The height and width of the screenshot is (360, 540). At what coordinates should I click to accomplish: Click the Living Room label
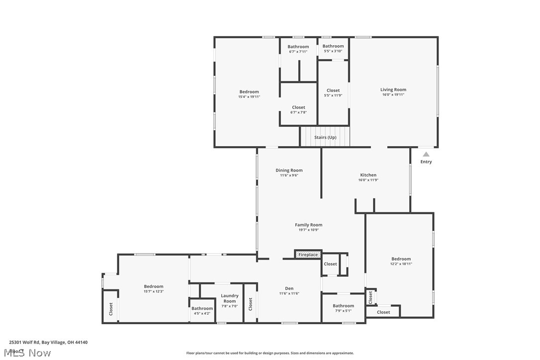click(x=393, y=90)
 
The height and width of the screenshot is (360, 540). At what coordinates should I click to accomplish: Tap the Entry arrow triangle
click(x=426, y=155)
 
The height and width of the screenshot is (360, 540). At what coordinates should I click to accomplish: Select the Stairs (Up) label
click(x=325, y=137)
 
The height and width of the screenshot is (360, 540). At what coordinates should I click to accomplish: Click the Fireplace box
click(x=308, y=255)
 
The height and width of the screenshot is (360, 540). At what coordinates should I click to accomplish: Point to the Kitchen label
click(x=368, y=175)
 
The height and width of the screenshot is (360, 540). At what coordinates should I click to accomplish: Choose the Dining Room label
click(x=289, y=171)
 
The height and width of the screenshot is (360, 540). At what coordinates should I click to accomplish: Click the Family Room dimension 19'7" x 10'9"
click(x=308, y=230)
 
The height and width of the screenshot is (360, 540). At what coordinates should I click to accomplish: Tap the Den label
click(x=289, y=288)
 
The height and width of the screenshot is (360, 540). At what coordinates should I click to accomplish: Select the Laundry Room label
click(x=230, y=298)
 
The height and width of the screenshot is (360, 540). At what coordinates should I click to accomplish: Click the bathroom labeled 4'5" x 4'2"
click(x=202, y=313)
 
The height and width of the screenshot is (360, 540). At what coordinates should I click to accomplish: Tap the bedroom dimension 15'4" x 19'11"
click(x=249, y=97)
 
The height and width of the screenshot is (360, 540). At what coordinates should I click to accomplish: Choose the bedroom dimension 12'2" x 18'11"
click(x=401, y=264)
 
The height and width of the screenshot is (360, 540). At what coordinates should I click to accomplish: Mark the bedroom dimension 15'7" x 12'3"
click(x=154, y=291)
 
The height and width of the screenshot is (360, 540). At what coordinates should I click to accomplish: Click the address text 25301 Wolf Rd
click(x=25, y=342)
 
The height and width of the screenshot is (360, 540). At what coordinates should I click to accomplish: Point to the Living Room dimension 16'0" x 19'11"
click(x=393, y=94)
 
